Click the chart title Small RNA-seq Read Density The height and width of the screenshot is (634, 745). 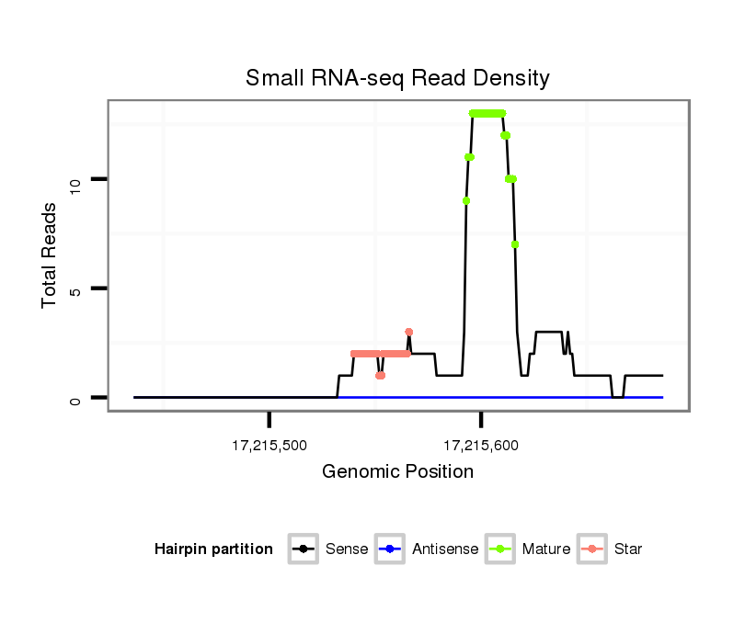[397, 78]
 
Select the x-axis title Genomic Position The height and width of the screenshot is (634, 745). [397, 472]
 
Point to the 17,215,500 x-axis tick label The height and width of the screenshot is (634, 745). [269, 446]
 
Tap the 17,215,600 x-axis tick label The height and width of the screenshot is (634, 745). [481, 446]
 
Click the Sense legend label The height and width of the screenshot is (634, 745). [347, 549]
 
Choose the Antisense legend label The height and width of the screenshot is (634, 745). [445, 549]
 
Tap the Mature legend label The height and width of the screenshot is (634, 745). [546, 549]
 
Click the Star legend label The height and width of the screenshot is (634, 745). [628, 549]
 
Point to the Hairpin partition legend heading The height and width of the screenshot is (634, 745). [213, 549]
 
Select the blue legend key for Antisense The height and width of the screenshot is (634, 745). [391, 549]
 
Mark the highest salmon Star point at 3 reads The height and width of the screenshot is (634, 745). [408, 332]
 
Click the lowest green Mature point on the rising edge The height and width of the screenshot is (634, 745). [466, 200]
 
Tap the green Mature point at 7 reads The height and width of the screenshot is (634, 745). [515, 244]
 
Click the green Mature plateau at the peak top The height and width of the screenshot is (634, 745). [487, 113]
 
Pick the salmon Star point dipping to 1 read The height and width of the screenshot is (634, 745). [380, 375]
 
